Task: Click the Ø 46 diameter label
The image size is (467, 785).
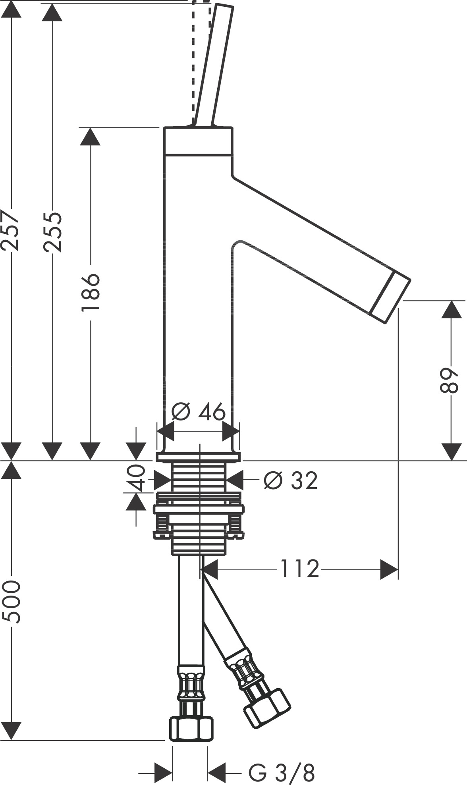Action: (198, 412)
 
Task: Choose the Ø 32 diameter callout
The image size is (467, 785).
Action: (290, 481)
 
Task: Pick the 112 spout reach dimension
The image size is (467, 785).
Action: (300, 569)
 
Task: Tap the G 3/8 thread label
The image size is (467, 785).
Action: (282, 773)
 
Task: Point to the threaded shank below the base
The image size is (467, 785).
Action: (199, 477)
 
